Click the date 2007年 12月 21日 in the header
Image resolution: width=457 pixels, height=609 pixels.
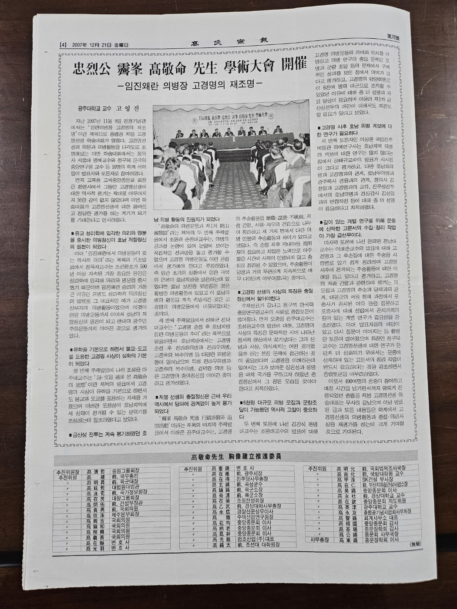(x=98, y=44)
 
